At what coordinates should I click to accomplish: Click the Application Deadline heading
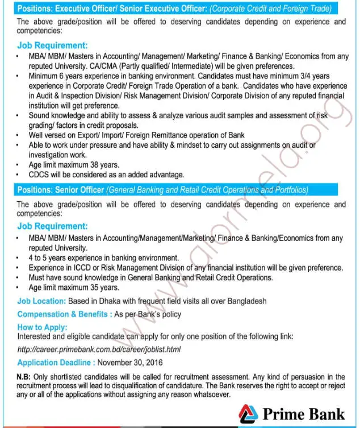point(56,362)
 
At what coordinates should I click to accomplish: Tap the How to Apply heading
point(42,327)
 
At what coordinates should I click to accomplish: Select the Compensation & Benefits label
point(64,314)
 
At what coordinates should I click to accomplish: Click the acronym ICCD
point(83,268)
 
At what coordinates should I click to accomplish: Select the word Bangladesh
point(245,301)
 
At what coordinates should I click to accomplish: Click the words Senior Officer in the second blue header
point(81,189)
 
